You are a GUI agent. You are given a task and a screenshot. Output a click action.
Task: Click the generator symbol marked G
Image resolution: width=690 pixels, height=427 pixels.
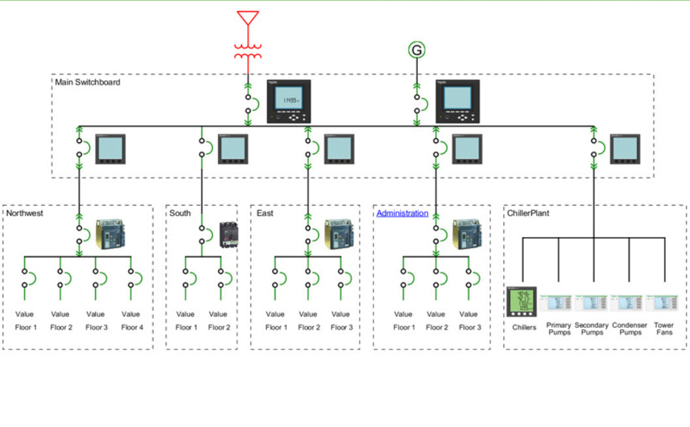(x=416, y=50)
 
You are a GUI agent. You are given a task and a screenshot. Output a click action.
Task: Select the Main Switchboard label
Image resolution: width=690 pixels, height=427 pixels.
(x=87, y=82)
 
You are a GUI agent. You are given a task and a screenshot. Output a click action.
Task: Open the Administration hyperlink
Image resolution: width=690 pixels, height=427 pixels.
(x=402, y=214)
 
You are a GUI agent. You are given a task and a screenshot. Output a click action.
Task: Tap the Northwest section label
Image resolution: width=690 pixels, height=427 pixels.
(x=25, y=214)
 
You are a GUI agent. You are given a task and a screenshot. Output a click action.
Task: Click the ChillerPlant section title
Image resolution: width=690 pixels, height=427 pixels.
(x=529, y=214)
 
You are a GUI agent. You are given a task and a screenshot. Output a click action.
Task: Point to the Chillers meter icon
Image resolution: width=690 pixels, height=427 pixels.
(x=522, y=302)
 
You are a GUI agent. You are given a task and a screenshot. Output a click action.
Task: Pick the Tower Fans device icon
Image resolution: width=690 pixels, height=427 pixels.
(x=664, y=303)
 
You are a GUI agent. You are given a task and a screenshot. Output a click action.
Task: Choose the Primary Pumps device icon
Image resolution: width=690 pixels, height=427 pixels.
(x=559, y=303)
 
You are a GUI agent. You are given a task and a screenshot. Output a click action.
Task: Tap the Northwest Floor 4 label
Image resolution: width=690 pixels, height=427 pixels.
(x=131, y=328)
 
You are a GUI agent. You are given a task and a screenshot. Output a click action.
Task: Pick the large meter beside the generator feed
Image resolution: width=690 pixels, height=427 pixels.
(x=458, y=101)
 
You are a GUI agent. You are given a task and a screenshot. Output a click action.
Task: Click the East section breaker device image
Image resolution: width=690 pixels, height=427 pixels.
(x=339, y=234)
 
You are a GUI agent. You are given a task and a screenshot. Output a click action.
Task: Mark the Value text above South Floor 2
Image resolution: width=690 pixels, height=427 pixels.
(x=218, y=314)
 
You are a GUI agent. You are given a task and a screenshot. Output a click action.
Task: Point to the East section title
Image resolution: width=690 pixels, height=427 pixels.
(x=265, y=214)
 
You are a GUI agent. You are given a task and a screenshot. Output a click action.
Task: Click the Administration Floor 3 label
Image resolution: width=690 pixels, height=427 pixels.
(x=469, y=328)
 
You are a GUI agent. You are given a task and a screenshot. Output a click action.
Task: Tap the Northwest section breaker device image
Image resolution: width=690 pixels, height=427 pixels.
(x=110, y=234)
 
